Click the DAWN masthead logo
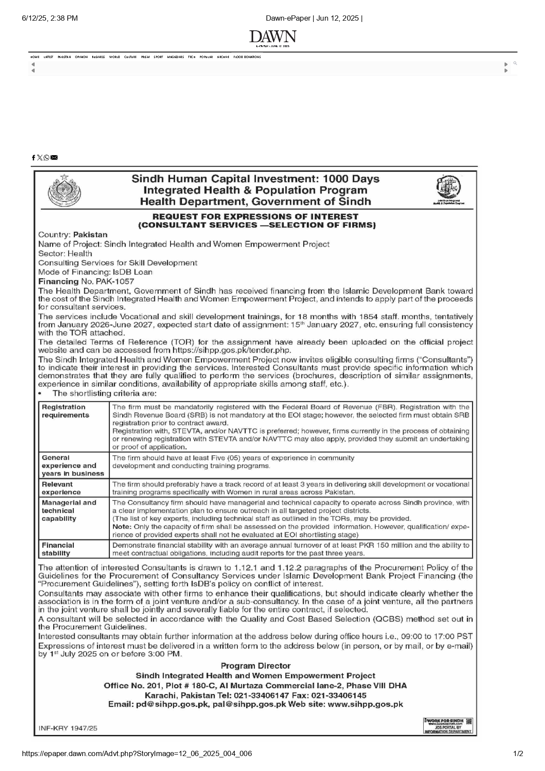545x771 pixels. coord(272,36)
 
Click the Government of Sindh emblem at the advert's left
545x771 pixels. coord(64,190)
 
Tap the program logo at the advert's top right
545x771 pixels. coord(448,189)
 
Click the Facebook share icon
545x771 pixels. coord(33,158)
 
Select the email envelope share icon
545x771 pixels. coord(54,158)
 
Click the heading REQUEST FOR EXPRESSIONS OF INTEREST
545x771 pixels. coord(255,216)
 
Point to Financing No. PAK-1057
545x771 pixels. coord(86,281)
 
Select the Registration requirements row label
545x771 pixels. coord(65,411)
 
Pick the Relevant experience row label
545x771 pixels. coord(61,488)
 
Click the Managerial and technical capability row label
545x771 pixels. coord(69,510)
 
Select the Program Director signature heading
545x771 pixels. coord(255,666)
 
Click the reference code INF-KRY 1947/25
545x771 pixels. coord(68,728)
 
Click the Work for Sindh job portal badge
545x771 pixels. coord(447,726)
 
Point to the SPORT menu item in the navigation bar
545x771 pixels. coord(158,57)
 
